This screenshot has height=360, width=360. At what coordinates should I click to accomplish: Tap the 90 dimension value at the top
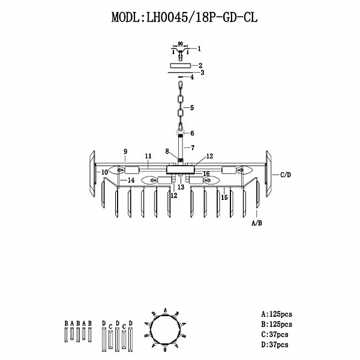(x=180, y=44)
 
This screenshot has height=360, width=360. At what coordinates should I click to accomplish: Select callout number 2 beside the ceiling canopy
(x=201, y=65)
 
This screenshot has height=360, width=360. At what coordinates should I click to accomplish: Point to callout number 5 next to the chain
(x=192, y=108)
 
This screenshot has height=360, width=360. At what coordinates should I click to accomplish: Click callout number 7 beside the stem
(x=192, y=147)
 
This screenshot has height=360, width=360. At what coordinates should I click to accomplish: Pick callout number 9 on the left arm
(x=125, y=151)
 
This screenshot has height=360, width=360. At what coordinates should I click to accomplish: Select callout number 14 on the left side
(x=131, y=180)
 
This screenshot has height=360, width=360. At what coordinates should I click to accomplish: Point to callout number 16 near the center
(x=206, y=173)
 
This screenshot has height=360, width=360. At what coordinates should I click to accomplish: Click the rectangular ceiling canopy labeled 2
(x=180, y=65)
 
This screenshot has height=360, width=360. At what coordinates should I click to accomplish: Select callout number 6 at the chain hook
(x=192, y=133)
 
